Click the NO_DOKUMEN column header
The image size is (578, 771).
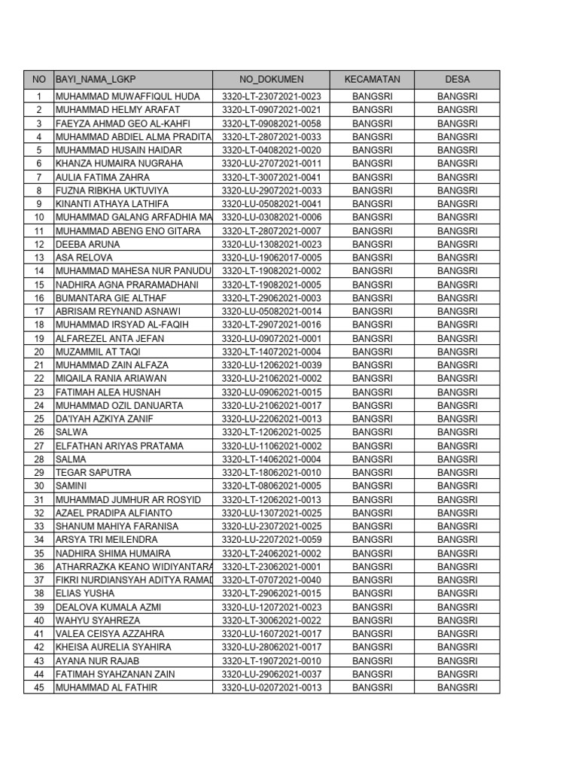pyautogui.click(x=271, y=79)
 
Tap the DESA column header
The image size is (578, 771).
pyautogui.click(x=457, y=79)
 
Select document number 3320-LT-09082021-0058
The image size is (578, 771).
pyautogui.click(x=271, y=123)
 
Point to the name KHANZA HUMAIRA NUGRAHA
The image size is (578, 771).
pyautogui.click(x=119, y=163)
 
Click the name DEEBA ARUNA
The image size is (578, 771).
pyautogui.click(x=87, y=244)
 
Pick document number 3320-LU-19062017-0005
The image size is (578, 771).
pyautogui.click(x=271, y=258)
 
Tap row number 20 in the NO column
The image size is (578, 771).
pyautogui.click(x=38, y=352)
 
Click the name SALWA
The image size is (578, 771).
pyautogui.click(x=71, y=432)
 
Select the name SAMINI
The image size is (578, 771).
pyautogui.click(x=72, y=486)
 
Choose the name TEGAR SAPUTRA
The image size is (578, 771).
pyautogui.click(x=93, y=472)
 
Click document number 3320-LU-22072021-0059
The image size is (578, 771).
pyautogui.click(x=271, y=540)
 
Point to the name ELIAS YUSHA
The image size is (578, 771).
pyautogui.click(x=85, y=593)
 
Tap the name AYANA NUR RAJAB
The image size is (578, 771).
pyautogui.click(x=98, y=660)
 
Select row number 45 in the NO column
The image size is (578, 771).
pyautogui.click(x=38, y=687)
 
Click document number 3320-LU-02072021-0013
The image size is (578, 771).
pyautogui.click(x=271, y=687)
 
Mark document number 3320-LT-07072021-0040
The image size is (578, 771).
pyautogui.click(x=271, y=580)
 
